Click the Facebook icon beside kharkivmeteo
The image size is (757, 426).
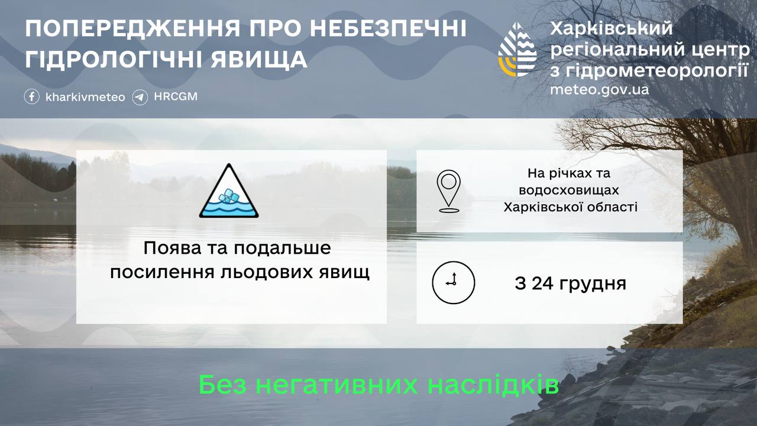point(32,96)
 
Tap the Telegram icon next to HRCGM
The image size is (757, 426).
point(140,96)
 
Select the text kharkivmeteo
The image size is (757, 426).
point(85,97)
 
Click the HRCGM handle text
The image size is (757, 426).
point(176,96)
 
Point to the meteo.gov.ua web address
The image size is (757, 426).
point(599,90)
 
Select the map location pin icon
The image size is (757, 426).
point(449,191)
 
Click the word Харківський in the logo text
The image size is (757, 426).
point(612,28)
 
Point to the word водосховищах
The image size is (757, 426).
point(568,191)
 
